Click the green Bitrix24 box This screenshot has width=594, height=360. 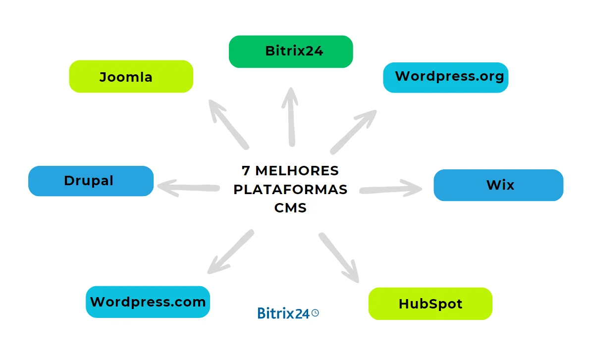pos(291,51)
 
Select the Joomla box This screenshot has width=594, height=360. pos(131,77)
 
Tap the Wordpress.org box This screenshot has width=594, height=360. pos(446,77)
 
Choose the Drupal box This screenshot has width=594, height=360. pos(91,181)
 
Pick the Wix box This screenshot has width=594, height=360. pos(498,185)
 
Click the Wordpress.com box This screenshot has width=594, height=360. pos(148,302)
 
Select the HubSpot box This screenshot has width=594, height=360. pos(431,304)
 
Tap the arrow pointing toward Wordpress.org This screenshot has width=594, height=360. pos(354,131)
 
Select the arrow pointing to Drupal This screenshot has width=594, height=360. pos(188,187)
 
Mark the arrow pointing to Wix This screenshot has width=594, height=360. pos(391,189)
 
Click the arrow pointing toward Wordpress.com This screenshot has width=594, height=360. pos(230,252)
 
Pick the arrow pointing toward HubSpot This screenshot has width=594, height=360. pos(339,257)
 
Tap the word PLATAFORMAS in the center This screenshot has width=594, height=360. pos(290,190)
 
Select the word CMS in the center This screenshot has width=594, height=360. pos(290,208)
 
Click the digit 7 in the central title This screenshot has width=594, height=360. pos(246,171)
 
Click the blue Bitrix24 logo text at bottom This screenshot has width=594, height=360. pos(283,313)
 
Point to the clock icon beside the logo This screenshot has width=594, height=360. pos(315,312)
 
